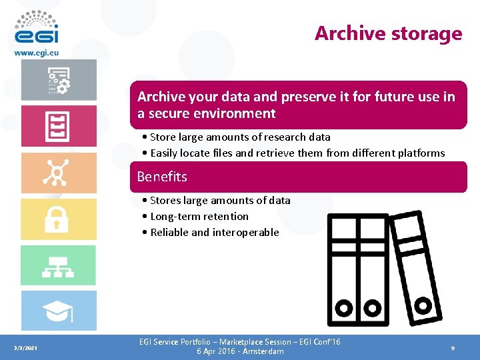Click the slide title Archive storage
point(388,33)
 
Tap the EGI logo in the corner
point(36,27)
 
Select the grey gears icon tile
point(58,79)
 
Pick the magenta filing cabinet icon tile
point(58,125)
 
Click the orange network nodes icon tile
point(58,173)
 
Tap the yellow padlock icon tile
point(58,219)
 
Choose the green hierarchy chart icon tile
point(58,265)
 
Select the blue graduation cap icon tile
point(58,311)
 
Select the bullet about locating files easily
point(297,153)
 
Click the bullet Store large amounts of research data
point(240,137)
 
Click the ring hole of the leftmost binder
point(344,309)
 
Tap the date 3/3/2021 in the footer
point(26,348)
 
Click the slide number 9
point(453,348)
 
